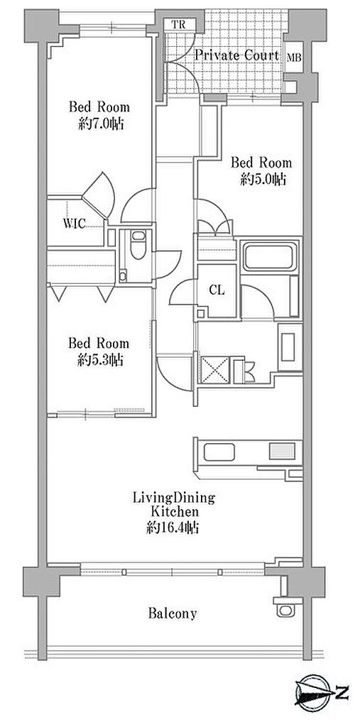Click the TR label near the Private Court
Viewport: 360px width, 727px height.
[x=178, y=25]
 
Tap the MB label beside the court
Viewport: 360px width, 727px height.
[x=294, y=58]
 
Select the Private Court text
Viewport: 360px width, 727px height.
[x=236, y=55]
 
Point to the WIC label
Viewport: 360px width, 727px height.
[x=75, y=224]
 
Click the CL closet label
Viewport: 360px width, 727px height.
[x=217, y=290]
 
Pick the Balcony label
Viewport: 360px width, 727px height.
[x=173, y=614]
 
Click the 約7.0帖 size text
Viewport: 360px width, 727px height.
[x=101, y=124]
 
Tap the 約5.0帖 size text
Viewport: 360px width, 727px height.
[x=263, y=180]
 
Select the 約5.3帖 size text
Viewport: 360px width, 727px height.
[x=100, y=360]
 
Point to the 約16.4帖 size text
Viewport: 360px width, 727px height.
[x=173, y=528]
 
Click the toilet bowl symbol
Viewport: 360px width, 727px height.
[x=138, y=245]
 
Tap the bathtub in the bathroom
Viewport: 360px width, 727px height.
[x=268, y=256]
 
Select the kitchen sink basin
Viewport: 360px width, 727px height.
[x=219, y=452]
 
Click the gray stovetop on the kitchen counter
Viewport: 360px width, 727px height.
[x=282, y=451]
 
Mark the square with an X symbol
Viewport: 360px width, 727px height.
[x=214, y=370]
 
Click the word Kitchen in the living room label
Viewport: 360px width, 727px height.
[x=174, y=513]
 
